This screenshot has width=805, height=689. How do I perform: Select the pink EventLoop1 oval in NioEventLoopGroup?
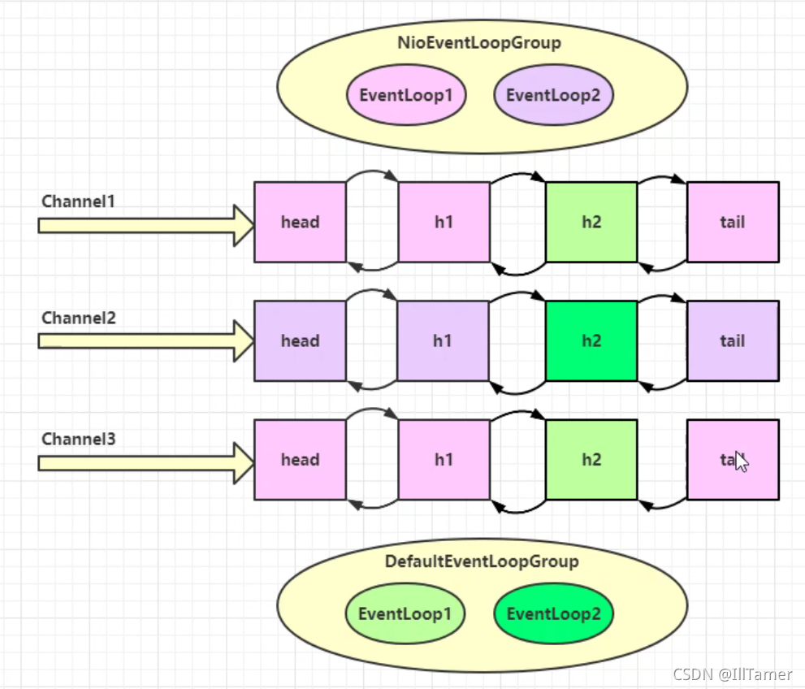click(x=406, y=95)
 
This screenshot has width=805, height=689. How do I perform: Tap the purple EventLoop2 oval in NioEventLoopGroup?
click(x=553, y=95)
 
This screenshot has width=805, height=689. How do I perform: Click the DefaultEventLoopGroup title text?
click(x=482, y=561)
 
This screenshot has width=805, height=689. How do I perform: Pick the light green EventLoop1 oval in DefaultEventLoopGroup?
click(x=405, y=613)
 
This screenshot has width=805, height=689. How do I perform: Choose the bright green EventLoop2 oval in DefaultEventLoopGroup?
click(x=553, y=613)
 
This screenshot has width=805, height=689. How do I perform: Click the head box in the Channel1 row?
click(x=300, y=222)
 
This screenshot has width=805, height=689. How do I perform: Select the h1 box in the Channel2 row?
click(x=443, y=340)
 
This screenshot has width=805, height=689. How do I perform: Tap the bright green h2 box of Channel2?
click(x=591, y=340)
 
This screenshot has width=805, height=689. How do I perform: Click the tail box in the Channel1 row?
click(x=732, y=222)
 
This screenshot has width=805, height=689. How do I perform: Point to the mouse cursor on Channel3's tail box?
click(x=740, y=461)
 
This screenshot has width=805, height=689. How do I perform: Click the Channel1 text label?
click(x=79, y=201)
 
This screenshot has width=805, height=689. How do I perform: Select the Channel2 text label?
click(x=79, y=318)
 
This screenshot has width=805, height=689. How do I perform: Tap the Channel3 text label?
click(x=79, y=440)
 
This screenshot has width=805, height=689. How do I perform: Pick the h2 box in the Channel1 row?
click(x=591, y=222)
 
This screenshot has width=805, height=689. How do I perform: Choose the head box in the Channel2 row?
click(x=300, y=340)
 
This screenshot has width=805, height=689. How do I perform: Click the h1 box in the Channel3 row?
click(x=443, y=459)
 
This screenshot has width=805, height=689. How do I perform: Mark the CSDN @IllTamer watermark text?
click(x=732, y=674)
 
